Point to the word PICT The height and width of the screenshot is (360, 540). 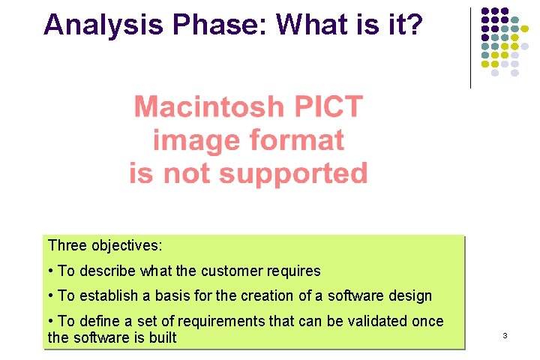tap(328, 106)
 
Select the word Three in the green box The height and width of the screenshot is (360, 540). tap(67, 245)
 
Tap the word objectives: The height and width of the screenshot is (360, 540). tap(127, 245)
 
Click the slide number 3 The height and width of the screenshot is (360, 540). tap(505, 336)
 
